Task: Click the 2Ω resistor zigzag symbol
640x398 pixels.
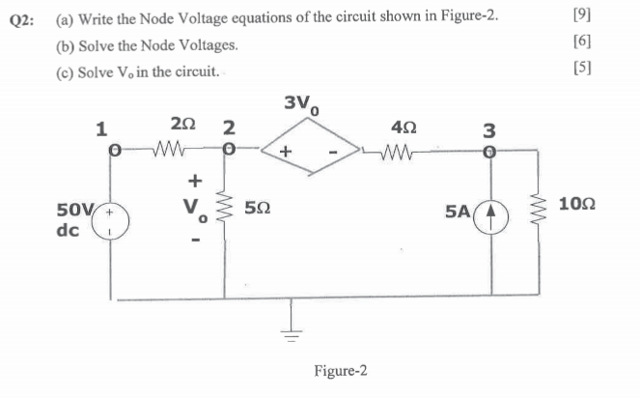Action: coord(173,150)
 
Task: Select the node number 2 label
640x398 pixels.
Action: coord(227,127)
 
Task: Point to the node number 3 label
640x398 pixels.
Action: coord(489,129)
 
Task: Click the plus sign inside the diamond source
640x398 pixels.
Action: coord(286,153)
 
